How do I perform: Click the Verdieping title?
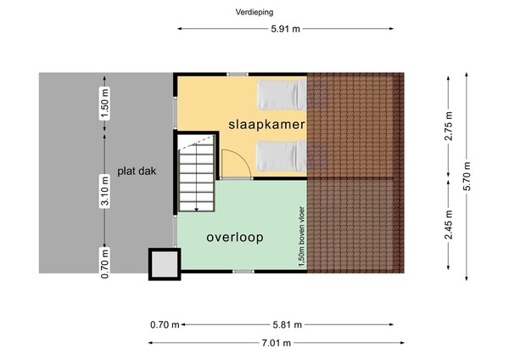[255, 13]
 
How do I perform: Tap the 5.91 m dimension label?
[286, 29]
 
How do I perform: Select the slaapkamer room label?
[267, 125]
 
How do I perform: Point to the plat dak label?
[137, 171]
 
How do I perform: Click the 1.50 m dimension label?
[104, 104]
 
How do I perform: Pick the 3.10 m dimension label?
[104, 191]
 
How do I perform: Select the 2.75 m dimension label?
[448, 126]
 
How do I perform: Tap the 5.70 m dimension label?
[467, 176]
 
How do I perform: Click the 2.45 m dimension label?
[448, 224]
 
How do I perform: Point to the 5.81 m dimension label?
[288, 324]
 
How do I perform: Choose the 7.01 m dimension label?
[277, 343]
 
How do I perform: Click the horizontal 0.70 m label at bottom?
[165, 324]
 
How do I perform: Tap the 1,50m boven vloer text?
[302, 238]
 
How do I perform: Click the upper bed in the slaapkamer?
[282, 95]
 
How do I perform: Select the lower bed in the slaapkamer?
[282, 156]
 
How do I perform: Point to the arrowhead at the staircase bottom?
[197, 210]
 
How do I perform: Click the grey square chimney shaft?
[165, 264]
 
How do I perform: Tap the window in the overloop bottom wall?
[243, 272]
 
